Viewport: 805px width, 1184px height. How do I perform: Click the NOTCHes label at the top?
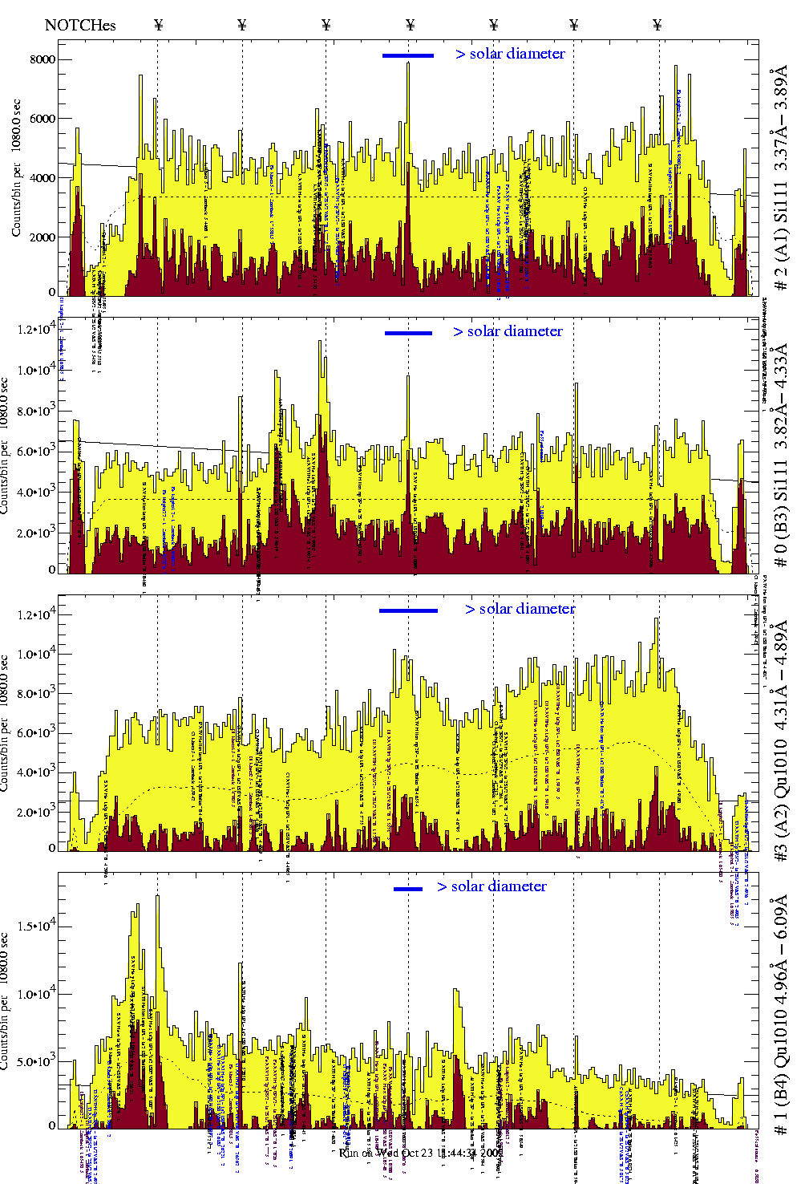click(80, 25)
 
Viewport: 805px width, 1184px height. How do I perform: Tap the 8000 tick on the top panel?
click(42, 59)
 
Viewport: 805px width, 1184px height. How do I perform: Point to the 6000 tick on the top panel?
click(42, 119)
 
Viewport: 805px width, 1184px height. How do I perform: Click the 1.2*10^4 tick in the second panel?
click(37, 329)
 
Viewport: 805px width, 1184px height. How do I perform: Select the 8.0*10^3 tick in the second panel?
click(37, 412)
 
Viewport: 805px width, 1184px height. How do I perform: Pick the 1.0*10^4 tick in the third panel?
click(37, 654)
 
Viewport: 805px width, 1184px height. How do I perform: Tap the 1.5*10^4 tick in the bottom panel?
click(37, 926)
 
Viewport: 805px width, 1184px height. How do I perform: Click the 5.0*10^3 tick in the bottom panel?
click(37, 1061)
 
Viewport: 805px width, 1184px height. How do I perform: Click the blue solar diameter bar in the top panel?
click(408, 55)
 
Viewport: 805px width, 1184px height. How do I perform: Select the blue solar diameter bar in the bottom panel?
click(408, 889)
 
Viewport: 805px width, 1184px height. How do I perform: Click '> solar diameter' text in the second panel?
click(508, 331)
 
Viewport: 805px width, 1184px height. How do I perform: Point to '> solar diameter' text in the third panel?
click(520, 609)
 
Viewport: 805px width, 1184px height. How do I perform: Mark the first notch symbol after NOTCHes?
click(159, 25)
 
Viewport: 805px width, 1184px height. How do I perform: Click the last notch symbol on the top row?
click(657, 25)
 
